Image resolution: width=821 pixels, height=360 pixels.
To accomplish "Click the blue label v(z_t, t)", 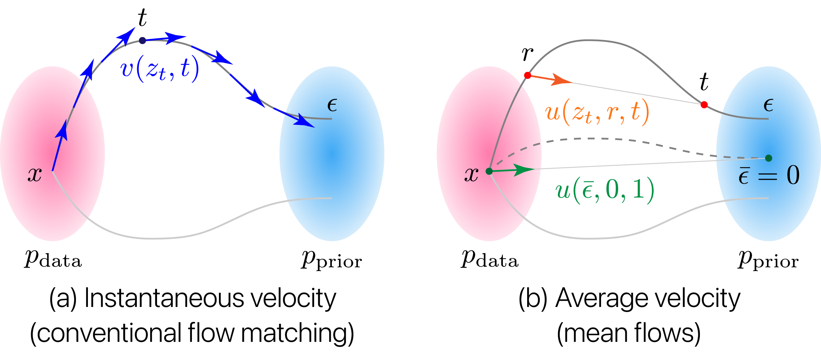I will click(159, 69).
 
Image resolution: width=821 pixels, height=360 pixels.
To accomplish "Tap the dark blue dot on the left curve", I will click(142, 40).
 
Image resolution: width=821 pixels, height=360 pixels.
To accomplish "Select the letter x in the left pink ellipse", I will click(35, 175).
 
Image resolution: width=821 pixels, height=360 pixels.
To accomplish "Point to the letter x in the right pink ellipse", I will click(471, 175).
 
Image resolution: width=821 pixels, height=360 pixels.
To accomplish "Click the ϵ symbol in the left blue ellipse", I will click(332, 105).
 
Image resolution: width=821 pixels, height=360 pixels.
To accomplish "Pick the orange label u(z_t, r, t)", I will click(597, 112).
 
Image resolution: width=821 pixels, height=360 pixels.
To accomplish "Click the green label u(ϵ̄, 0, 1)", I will click(604, 190).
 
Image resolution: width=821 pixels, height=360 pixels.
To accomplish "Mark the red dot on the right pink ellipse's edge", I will click(527, 75).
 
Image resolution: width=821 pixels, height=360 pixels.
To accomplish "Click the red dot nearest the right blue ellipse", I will click(704, 105).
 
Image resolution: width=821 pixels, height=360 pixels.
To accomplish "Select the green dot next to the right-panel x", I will click(489, 171).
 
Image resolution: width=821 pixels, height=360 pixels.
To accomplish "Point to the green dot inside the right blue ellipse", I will click(769, 158).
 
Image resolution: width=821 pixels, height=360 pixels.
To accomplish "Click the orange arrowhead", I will click(561, 80).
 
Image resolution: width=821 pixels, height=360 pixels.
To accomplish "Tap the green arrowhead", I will click(523, 169).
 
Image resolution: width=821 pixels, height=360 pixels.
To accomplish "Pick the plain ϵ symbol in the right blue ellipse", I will click(768, 105).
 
